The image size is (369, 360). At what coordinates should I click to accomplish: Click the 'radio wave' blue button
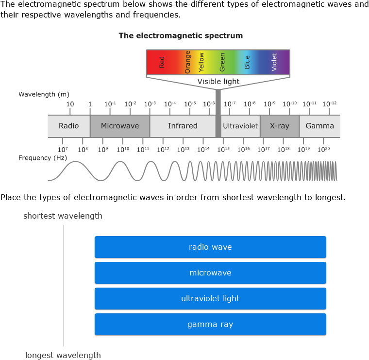[x=210, y=247]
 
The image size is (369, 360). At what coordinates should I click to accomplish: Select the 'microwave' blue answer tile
[x=210, y=273]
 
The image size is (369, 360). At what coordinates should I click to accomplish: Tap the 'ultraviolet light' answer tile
[x=210, y=298]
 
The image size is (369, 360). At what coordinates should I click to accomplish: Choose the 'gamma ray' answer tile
[x=210, y=324]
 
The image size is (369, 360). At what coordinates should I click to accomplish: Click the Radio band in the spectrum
[x=68, y=126]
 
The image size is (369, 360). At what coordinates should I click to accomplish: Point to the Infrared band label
[x=183, y=126]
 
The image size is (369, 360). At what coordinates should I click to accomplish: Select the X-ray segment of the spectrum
[x=279, y=126]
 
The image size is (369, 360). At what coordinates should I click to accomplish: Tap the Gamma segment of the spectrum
[x=319, y=126]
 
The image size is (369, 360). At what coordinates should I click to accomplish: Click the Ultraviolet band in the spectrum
[x=240, y=126]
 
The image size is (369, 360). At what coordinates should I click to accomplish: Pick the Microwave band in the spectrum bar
[x=120, y=126]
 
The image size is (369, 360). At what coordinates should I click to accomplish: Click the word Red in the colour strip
[x=162, y=62]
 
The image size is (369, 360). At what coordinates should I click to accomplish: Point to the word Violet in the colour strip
[x=274, y=62]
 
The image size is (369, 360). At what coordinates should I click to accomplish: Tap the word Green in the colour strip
[x=222, y=62]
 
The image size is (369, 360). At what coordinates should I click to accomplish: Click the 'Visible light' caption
[x=218, y=82]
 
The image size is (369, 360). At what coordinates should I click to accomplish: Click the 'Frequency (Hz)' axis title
[x=43, y=158]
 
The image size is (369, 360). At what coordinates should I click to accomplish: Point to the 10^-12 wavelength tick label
[x=329, y=104]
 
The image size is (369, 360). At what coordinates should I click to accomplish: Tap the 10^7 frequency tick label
[x=62, y=150]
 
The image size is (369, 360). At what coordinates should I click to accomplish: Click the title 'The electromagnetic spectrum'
[x=181, y=35]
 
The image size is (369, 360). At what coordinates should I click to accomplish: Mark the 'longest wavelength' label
[x=63, y=355]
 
